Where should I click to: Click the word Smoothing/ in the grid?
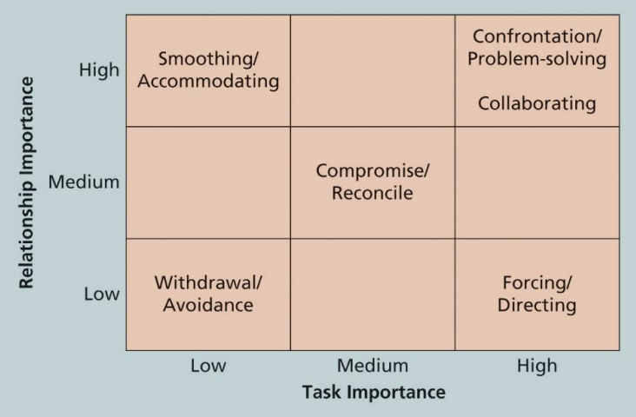point(208,59)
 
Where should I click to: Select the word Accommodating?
point(208,82)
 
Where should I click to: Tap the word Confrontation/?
point(537,36)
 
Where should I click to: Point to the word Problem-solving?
point(537,59)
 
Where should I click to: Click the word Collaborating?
point(537,103)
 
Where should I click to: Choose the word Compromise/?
point(372,170)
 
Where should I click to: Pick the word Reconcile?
point(372,193)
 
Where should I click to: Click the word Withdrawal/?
point(208,282)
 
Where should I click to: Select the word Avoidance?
point(208,305)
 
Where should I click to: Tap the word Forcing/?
point(537,282)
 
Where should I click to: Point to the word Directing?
point(537,305)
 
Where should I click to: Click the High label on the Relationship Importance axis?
point(99,70)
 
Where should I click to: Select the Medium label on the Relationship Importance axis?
point(83,182)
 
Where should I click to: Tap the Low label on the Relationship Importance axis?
point(101,294)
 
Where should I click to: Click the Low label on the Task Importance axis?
point(208,366)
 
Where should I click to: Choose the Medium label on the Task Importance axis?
point(372,366)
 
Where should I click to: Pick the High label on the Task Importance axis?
point(536,366)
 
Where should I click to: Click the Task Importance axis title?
point(374,393)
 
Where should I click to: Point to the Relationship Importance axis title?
point(27,182)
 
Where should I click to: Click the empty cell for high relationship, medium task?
point(372,70)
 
